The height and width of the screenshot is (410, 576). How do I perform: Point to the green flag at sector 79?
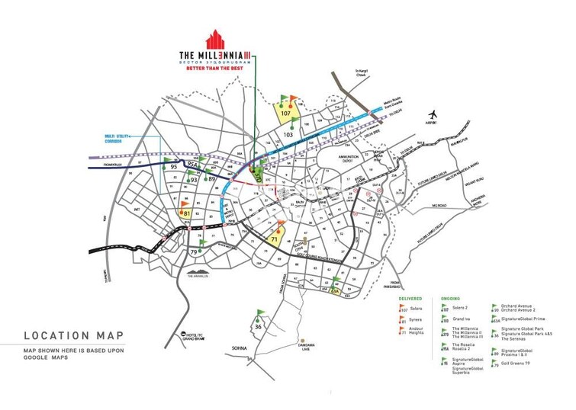202,245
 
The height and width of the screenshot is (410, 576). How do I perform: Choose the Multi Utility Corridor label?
119,139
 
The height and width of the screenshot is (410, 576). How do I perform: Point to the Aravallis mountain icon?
200,272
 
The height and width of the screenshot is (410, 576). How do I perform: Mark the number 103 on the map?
288,135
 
